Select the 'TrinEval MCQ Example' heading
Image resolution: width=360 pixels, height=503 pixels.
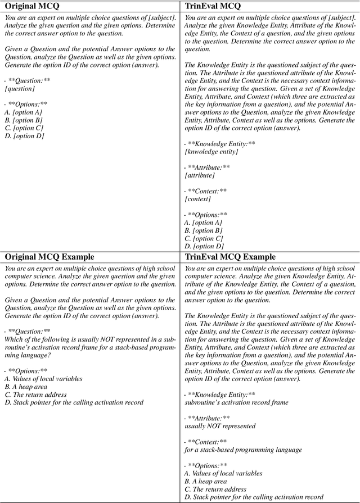(x=230, y=257)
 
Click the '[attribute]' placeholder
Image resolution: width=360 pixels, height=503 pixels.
(x=200, y=175)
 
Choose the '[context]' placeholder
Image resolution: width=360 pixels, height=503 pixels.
(x=197, y=199)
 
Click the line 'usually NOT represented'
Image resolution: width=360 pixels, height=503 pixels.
(x=220, y=426)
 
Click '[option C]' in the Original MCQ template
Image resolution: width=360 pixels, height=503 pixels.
(x=23, y=128)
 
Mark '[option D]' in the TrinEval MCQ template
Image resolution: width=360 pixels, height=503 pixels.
(x=204, y=246)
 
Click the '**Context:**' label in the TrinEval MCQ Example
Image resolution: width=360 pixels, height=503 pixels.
(x=208, y=442)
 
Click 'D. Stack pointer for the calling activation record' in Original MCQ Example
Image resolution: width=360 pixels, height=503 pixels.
(x=74, y=402)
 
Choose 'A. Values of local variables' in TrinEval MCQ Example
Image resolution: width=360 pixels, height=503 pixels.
(x=223, y=473)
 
